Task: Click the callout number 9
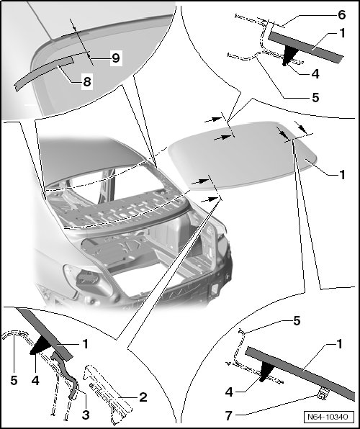point(115,58)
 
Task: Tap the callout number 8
point(87,81)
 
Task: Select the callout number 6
point(342,15)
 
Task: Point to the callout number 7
point(229,415)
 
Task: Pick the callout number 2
point(143,397)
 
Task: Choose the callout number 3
point(86,415)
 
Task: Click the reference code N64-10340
point(328,417)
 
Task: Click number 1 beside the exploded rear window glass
point(342,175)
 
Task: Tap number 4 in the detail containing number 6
point(315,74)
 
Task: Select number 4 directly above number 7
point(229,392)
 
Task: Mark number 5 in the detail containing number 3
point(14,380)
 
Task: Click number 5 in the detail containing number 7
point(297,321)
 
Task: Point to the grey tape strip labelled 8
point(44,73)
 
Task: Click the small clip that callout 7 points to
point(323,394)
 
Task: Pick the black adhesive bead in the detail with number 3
point(41,346)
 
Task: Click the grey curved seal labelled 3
point(65,375)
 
